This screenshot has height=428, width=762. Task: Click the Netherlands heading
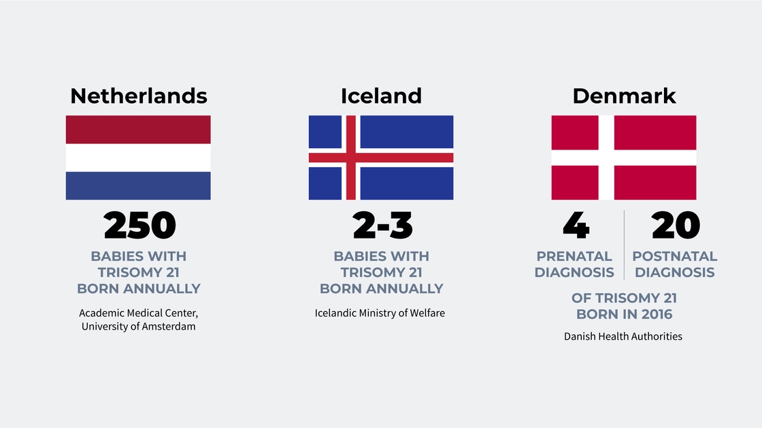(139, 96)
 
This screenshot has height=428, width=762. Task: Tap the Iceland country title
(381, 96)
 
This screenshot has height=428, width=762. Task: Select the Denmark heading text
(624, 96)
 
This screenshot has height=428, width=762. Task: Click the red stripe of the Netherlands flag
(139, 130)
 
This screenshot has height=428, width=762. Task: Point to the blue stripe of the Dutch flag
(139, 186)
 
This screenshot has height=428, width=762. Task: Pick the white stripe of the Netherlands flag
(139, 158)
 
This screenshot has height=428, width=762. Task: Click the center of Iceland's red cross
(351, 158)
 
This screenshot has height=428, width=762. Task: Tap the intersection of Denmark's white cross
(606, 158)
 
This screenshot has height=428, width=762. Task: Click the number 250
(139, 226)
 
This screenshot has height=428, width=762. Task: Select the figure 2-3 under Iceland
(382, 226)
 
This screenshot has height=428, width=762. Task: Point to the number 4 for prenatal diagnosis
(576, 226)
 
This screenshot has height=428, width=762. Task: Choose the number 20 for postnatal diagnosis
(676, 226)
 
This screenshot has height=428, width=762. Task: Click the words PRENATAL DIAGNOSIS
(574, 264)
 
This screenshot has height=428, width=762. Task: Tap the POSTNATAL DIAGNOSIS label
(674, 264)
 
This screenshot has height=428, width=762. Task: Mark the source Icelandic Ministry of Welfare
(380, 313)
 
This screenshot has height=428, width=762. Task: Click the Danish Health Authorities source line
(623, 336)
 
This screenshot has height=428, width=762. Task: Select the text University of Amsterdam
(139, 327)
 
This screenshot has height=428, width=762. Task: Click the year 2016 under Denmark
(657, 315)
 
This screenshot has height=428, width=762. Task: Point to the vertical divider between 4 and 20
(624, 245)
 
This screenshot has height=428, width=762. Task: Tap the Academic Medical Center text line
(139, 313)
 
